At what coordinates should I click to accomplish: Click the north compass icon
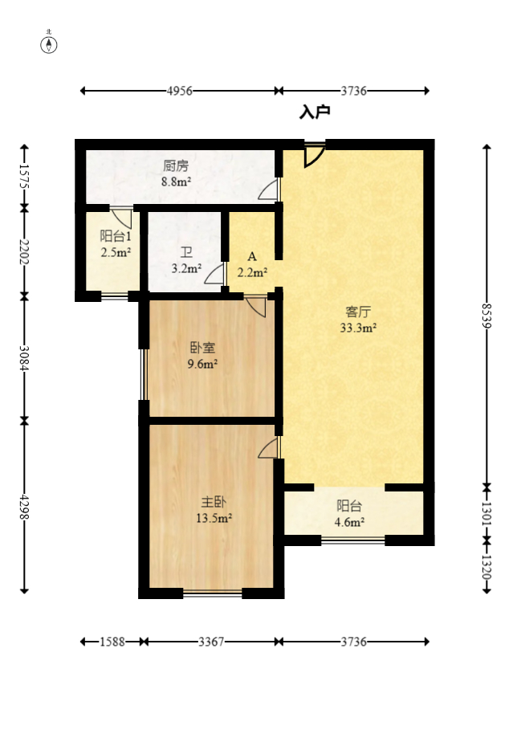tap(50, 43)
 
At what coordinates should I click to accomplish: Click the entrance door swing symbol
tap(313, 154)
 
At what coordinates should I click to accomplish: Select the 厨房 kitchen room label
tap(176, 166)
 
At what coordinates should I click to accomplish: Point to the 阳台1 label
tap(116, 236)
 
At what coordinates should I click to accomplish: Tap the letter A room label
tap(252, 257)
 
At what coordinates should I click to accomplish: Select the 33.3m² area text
tap(358, 328)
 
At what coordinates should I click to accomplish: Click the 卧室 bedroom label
tap(202, 348)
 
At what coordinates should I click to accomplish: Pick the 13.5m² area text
tap(214, 518)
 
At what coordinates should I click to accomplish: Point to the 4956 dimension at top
tap(179, 92)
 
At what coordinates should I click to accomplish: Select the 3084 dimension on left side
tap(24, 358)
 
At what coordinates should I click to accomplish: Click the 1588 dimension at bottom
tap(112, 642)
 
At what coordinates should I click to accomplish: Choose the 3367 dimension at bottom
tap(212, 642)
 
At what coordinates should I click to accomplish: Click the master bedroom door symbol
tap(270, 448)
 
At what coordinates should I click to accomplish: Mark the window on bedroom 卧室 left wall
tap(143, 373)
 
